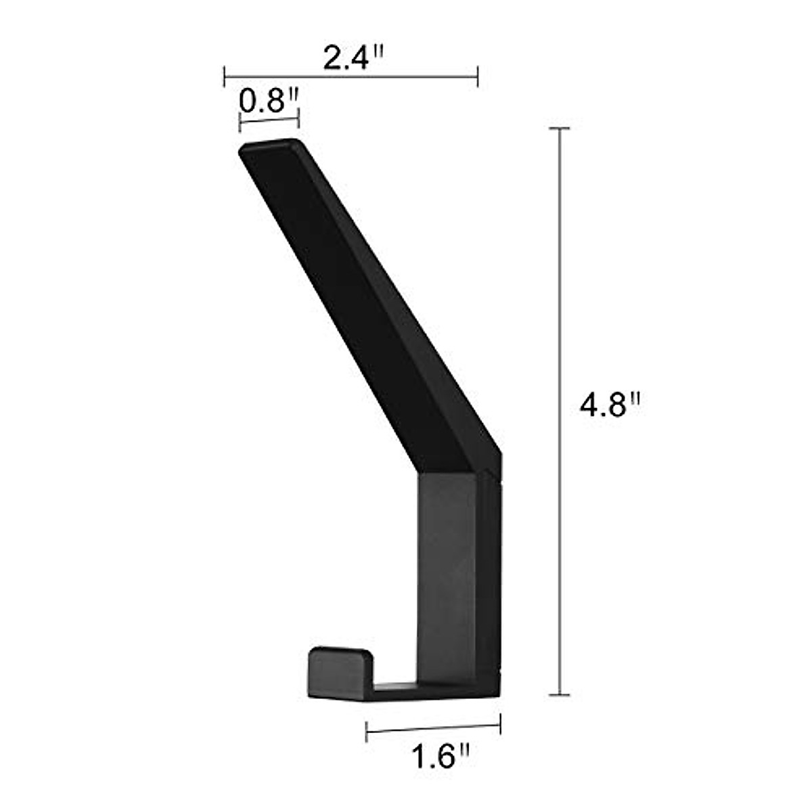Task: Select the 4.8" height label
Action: [x=609, y=407]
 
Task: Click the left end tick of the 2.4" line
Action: [x=224, y=76]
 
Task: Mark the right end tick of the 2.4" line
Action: [x=478, y=76]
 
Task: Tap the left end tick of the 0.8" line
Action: [x=240, y=123]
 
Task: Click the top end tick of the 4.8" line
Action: [x=558, y=128]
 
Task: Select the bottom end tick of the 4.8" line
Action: [x=558, y=694]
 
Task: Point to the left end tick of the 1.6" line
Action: [x=366, y=731]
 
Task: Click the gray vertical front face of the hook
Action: [x=447, y=575]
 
